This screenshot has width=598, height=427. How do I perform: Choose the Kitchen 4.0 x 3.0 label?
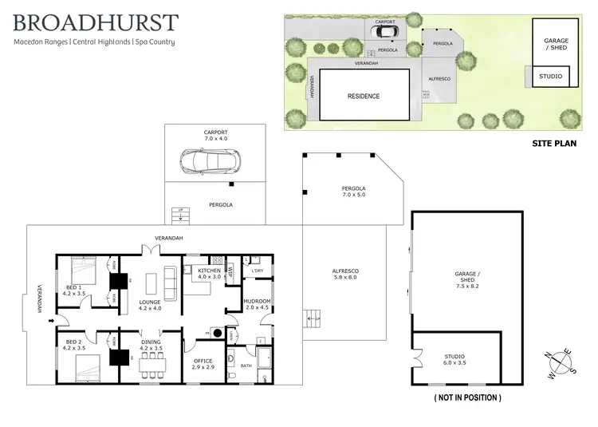click(x=209, y=275)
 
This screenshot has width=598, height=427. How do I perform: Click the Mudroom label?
click(x=258, y=304)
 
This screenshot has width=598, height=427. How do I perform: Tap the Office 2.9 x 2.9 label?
click(x=204, y=363)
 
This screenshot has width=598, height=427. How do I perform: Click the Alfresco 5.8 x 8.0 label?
click(x=344, y=275)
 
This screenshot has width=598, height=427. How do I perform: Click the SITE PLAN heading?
click(x=553, y=144)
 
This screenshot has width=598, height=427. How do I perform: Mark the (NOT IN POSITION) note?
click(x=467, y=397)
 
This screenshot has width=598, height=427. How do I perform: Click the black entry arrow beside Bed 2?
click(x=53, y=322)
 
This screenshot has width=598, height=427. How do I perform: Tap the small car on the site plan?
click(x=385, y=32)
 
